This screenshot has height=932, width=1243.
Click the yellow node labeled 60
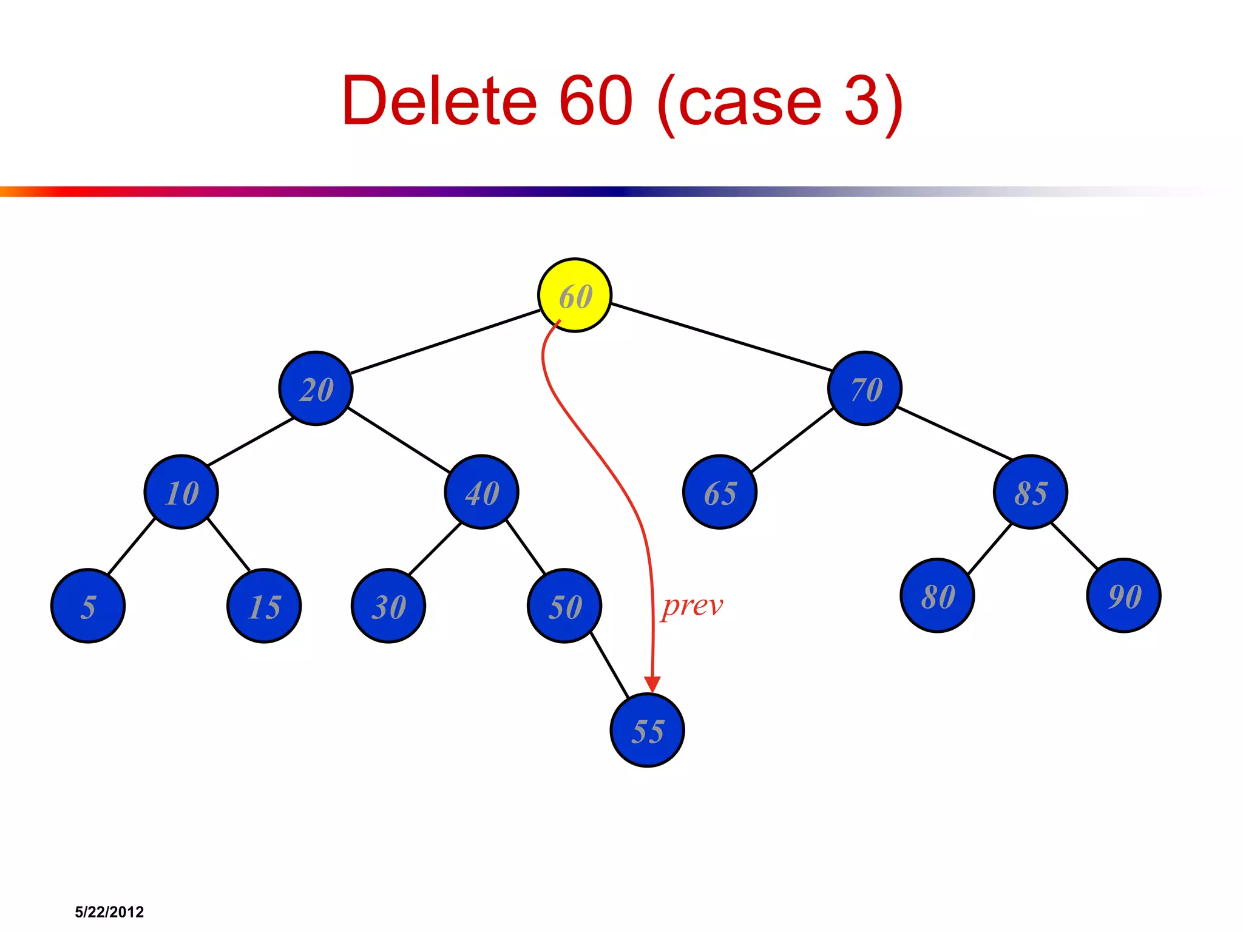point(574,295)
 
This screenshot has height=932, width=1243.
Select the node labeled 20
point(316,388)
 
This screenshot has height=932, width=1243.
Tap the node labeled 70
point(865,388)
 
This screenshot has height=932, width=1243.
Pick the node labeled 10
point(181,491)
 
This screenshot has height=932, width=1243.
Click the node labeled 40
point(481,491)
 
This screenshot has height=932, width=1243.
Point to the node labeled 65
point(720,491)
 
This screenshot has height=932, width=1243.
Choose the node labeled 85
point(1031,491)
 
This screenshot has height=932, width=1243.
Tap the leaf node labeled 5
point(88,606)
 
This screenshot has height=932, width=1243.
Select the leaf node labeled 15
point(264,606)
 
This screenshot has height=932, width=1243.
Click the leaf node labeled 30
point(388,606)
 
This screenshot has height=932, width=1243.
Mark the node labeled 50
point(564,606)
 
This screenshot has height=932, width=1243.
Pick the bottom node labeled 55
point(647,730)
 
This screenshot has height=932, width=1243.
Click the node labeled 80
point(938,595)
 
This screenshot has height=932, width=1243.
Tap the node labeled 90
point(1124,595)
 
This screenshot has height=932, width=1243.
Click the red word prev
point(693,606)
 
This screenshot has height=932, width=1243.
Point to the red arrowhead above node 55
point(652,684)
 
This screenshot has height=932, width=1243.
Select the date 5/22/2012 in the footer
point(109,912)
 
